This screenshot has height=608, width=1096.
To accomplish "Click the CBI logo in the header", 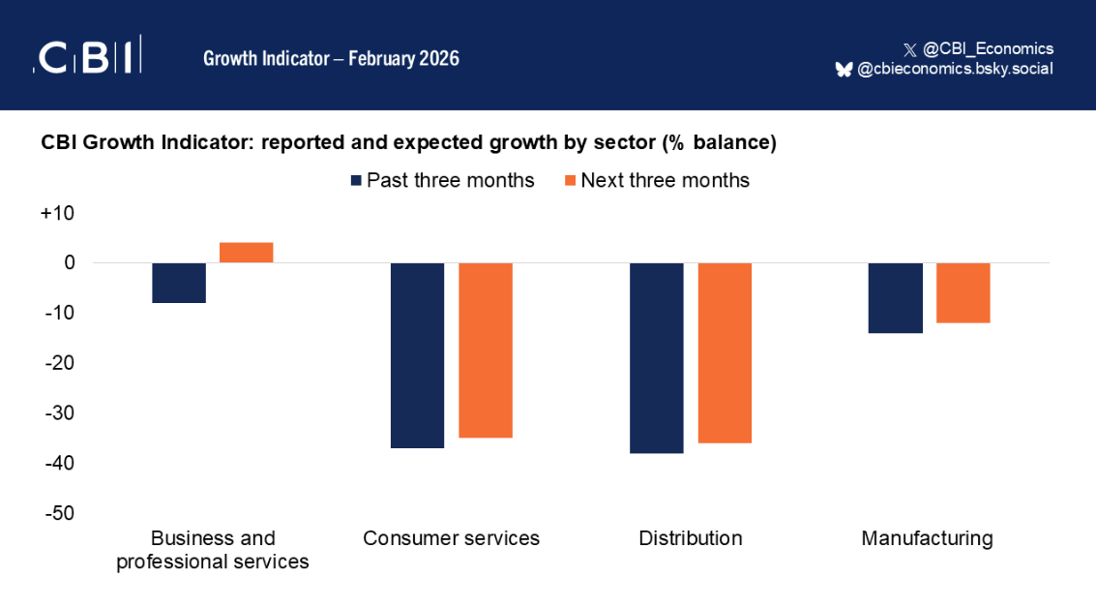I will (88, 57).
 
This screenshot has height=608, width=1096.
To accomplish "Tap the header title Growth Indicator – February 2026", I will (331, 58).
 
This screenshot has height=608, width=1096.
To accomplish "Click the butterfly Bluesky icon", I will (844, 69).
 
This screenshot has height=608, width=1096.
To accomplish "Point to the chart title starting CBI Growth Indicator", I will (408, 142).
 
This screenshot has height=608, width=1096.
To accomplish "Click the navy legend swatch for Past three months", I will (356, 180).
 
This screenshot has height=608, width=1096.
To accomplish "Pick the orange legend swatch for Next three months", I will (571, 180).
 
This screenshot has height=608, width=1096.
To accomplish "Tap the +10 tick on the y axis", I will (57, 213).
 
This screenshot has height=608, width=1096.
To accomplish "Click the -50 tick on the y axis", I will (57, 513).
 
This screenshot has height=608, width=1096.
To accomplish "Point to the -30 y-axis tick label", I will (57, 413).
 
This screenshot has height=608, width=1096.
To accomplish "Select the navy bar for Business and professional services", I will (179, 283).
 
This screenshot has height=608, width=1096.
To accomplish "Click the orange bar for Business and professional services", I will (247, 253).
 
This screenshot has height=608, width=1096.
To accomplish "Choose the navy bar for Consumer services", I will (417, 355).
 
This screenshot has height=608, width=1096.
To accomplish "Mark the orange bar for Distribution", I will (725, 353).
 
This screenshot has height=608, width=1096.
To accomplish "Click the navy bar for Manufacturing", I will (896, 298).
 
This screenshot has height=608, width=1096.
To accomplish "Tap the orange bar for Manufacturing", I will (963, 292).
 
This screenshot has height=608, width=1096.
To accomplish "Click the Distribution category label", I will (691, 538).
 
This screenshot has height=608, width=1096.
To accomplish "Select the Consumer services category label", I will (451, 538).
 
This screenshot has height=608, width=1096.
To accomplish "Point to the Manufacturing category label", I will (927, 538).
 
